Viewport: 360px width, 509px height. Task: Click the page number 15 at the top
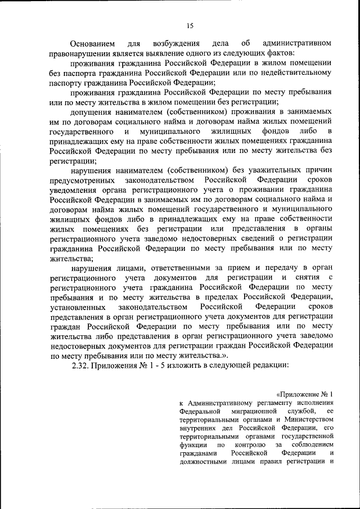pos(190,24)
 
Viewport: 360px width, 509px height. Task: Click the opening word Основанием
pos(93,43)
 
